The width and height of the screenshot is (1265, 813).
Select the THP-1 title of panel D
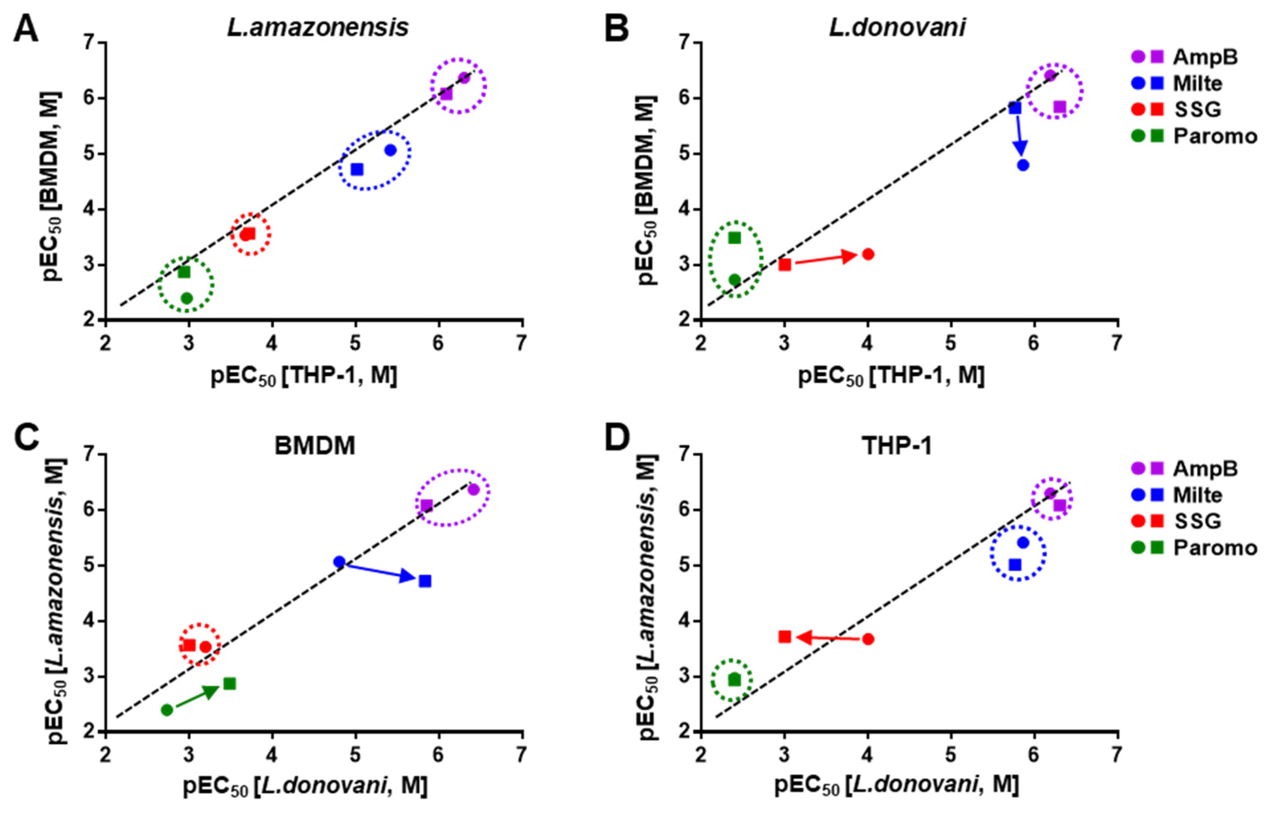(x=896, y=446)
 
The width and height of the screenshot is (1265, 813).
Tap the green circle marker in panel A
(x=186, y=298)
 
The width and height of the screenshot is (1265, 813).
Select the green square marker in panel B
(x=734, y=238)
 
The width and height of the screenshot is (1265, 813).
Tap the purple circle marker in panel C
(x=473, y=489)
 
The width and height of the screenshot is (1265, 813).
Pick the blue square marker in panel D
(x=1015, y=565)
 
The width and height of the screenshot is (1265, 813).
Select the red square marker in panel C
(x=189, y=645)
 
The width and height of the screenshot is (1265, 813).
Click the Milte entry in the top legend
(x=1197, y=83)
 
